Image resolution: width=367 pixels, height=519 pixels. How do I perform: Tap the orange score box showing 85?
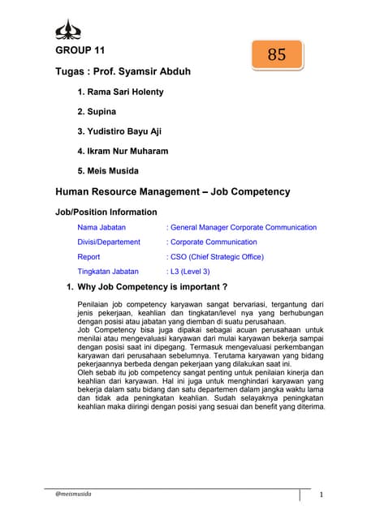(276, 55)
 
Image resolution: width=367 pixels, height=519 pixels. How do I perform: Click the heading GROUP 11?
(79, 51)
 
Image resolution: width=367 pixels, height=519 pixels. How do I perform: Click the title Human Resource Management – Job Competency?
(172, 192)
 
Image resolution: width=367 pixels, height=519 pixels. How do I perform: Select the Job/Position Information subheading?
(106, 212)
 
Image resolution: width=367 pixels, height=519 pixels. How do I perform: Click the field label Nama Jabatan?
(101, 228)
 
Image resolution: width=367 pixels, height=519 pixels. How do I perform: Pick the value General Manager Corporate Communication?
(244, 228)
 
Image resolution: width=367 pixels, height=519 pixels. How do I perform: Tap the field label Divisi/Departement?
(109, 242)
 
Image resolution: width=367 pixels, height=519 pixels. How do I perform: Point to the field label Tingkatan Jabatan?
(108, 271)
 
